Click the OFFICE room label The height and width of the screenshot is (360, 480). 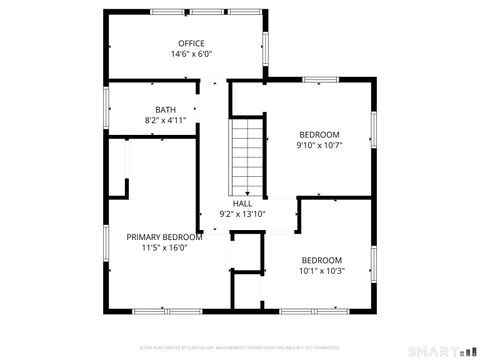(191, 43)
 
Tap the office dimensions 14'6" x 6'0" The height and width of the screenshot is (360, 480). (191, 54)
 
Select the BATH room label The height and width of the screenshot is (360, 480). (165, 109)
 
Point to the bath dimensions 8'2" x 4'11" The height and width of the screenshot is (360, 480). (165, 120)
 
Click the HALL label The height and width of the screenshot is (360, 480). (242, 202)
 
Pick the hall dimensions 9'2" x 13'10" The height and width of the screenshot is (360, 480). (242, 213)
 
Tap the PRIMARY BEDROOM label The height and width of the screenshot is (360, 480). (164, 236)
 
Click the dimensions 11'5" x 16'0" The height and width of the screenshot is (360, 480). (164, 247)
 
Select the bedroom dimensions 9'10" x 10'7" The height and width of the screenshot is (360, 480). (319, 145)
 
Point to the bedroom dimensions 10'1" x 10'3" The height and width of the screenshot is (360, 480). (321, 270)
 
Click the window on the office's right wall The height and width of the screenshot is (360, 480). (266, 47)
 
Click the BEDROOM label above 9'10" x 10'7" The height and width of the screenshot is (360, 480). (319, 134)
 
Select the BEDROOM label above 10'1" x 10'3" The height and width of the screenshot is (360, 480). (321, 259)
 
